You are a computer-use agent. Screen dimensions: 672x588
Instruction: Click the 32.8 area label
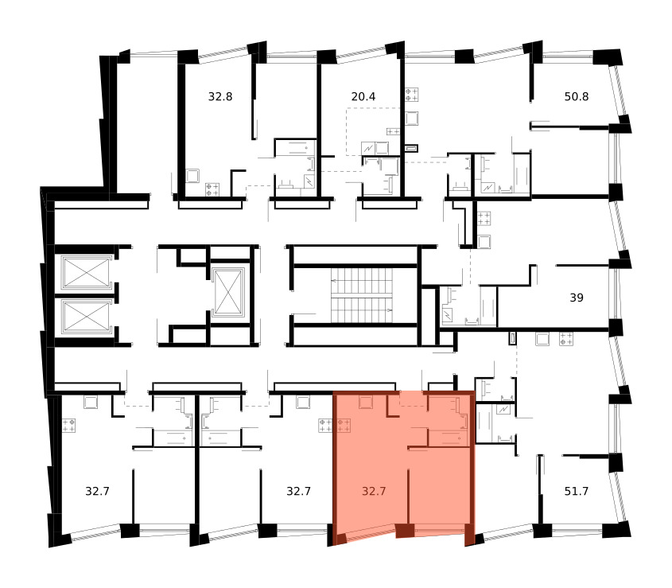pyautogui.click(x=220, y=96)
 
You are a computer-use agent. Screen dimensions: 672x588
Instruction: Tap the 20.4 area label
pyautogui.click(x=363, y=96)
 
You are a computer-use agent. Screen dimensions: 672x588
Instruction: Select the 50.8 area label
pyautogui.click(x=577, y=96)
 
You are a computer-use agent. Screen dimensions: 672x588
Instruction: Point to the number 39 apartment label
pyautogui.click(x=577, y=298)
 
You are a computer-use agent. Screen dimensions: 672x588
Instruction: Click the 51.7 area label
pyautogui.click(x=577, y=491)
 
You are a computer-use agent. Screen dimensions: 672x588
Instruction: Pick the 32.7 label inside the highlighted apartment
pyautogui.click(x=374, y=491)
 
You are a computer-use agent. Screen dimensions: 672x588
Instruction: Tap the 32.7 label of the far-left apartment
pyautogui.click(x=97, y=491)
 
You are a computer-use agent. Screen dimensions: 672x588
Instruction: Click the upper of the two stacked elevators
pyautogui.click(x=86, y=272)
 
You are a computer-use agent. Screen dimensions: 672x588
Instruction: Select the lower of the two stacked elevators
pyautogui.click(x=86, y=317)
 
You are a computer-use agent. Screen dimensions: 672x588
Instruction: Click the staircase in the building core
pyautogui.click(x=362, y=295)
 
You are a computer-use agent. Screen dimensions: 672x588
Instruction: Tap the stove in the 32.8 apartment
pyautogui.click(x=212, y=189)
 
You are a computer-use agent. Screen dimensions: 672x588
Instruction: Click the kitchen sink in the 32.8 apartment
pyautogui.click(x=192, y=176)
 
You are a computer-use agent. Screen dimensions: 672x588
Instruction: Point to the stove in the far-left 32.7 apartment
pyautogui.click(x=68, y=426)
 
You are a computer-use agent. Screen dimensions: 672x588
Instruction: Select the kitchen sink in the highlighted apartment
pyautogui.click(x=366, y=403)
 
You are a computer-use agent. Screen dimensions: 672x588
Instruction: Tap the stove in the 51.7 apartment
pyautogui.click(x=566, y=339)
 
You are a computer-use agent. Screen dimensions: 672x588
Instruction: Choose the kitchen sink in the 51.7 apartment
pyautogui.click(x=542, y=339)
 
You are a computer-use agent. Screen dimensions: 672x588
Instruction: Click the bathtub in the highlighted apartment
pyautogui.click(x=448, y=438)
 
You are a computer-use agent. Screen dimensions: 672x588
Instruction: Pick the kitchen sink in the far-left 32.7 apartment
pyautogui.click(x=91, y=403)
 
